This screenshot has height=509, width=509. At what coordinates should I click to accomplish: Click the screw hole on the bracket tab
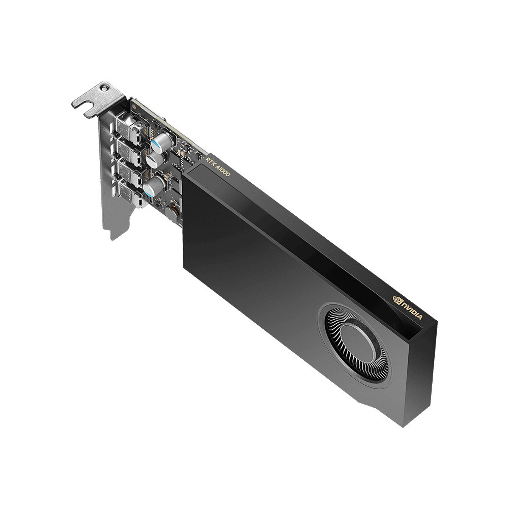tap(105, 88)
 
